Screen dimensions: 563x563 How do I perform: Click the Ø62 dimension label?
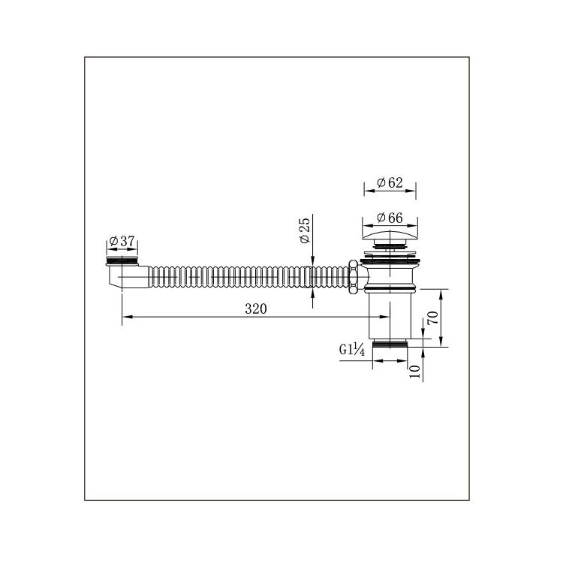point(390,182)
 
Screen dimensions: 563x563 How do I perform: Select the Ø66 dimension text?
point(390,217)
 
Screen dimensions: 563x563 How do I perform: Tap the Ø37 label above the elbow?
point(122,241)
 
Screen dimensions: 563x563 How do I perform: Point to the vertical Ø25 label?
point(304,229)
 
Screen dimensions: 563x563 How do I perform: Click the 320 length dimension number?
point(256,309)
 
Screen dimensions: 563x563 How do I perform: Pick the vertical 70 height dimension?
point(432,317)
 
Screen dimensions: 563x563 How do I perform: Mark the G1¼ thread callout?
point(352,349)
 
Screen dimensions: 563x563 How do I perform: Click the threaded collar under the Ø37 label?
point(122,261)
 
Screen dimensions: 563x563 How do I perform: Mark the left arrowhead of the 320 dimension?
point(125,318)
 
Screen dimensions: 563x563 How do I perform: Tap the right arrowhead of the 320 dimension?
point(385,318)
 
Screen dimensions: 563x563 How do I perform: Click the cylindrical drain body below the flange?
point(390,315)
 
